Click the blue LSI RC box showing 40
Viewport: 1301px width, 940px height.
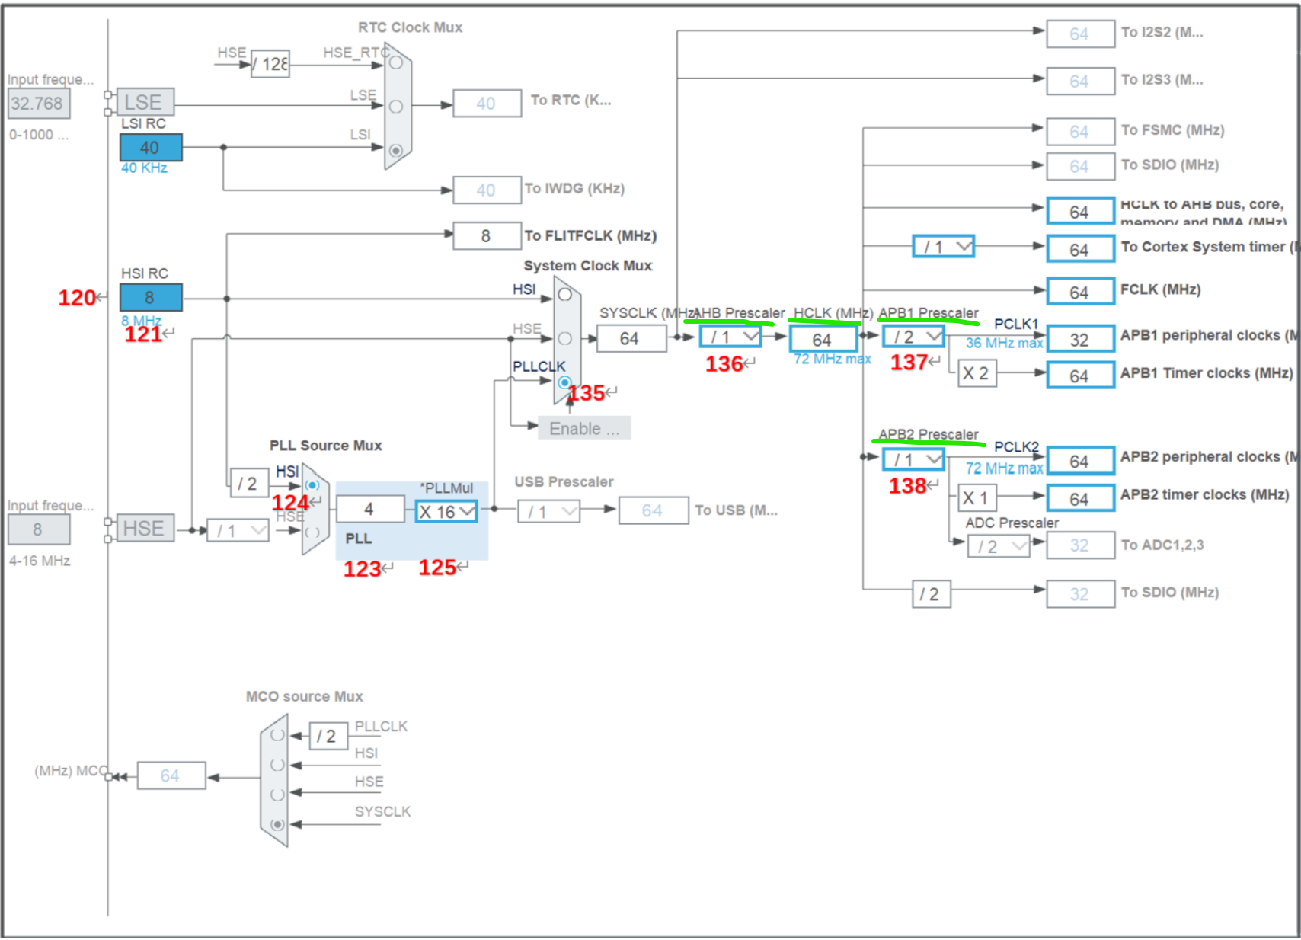pos(151,148)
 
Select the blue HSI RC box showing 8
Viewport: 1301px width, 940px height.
pos(151,297)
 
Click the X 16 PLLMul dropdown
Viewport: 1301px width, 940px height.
pos(446,512)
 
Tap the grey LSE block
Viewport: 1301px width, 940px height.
pos(145,102)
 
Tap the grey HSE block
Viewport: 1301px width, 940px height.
pos(145,529)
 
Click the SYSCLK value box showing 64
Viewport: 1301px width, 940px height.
pos(631,338)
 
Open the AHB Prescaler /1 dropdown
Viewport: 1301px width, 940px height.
pos(730,337)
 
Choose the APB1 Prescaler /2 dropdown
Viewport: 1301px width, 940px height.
pos(913,337)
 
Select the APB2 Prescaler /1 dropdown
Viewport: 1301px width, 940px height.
pos(913,460)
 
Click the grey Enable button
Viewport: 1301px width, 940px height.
pos(584,428)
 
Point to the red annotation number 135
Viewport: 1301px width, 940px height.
pos(587,394)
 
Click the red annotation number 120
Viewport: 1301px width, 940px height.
pos(77,298)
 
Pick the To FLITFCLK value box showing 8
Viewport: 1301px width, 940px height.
pos(487,236)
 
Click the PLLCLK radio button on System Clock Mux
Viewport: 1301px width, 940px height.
pos(564,382)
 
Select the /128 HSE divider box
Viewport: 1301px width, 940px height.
pos(270,64)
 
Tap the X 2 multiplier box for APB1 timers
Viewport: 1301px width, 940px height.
pos(977,373)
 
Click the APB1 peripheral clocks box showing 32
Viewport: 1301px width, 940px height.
pos(1080,340)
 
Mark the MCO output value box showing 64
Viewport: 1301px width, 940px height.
pos(171,775)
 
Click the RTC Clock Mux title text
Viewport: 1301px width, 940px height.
pos(410,27)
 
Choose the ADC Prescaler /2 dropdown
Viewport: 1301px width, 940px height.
pos(998,546)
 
